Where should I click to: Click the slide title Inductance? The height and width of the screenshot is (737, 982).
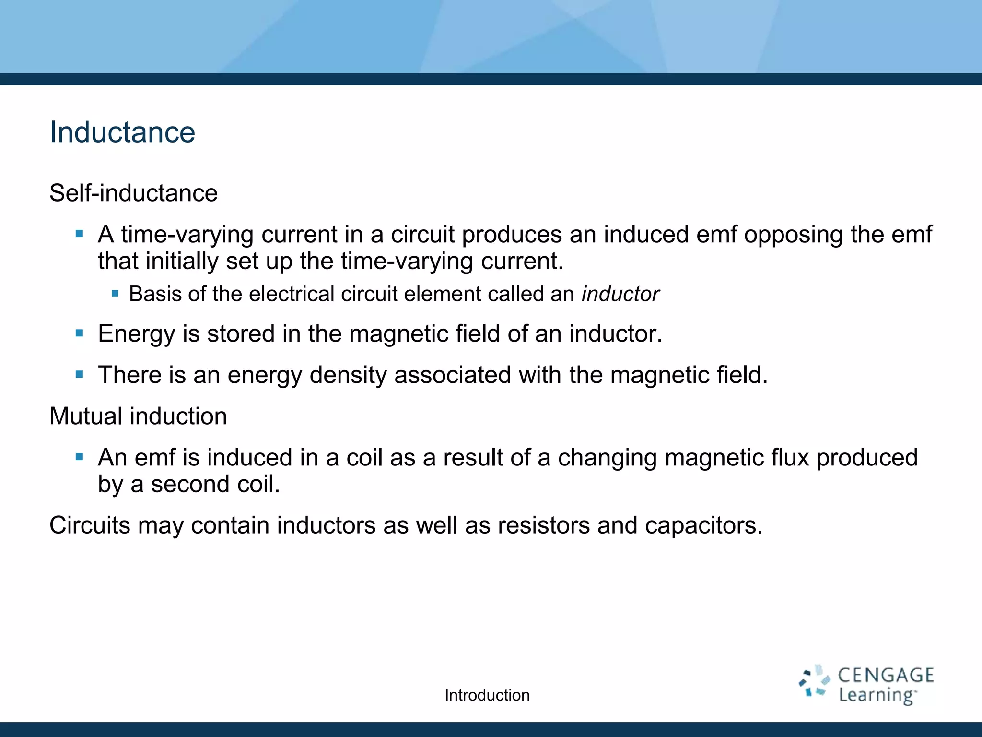122,132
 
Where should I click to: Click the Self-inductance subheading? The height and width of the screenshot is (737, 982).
133,193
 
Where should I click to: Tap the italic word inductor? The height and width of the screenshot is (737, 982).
620,294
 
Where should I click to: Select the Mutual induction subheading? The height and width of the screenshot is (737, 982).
138,416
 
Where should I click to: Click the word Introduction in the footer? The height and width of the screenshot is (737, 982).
487,695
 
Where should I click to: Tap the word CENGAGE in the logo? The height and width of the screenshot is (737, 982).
886,675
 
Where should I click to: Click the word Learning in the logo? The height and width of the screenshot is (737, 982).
877,695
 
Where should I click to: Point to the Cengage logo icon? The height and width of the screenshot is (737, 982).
814,681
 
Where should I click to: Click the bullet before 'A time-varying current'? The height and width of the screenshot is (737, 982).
80,235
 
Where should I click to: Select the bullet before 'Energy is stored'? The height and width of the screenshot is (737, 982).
80,333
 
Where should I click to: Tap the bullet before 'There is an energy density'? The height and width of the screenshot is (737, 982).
80,374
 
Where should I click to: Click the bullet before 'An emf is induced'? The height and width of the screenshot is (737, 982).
80,457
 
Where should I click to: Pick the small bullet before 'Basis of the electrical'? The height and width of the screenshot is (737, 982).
115,294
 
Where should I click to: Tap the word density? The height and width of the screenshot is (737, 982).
348,375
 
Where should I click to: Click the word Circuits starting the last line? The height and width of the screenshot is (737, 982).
90,525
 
